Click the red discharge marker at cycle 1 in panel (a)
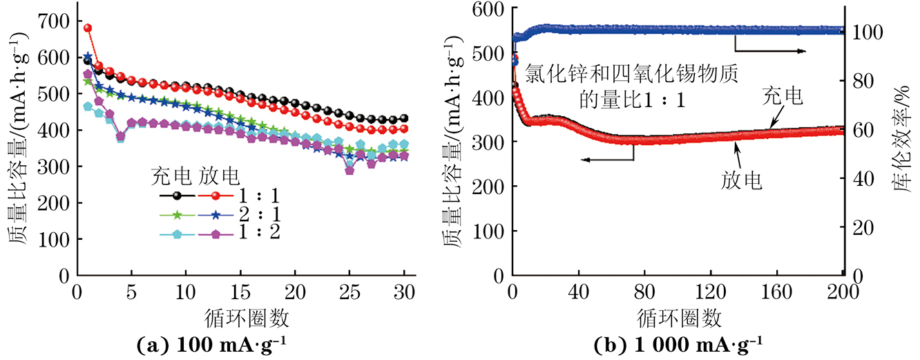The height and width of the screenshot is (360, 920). point(88,28)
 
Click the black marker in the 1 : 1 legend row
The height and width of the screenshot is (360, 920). point(178,196)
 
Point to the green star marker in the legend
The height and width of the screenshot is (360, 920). point(178,215)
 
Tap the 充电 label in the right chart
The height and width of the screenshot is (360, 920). point(783,97)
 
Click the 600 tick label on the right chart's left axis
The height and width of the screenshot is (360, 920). point(488,8)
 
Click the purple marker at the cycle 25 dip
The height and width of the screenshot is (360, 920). point(349,170)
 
